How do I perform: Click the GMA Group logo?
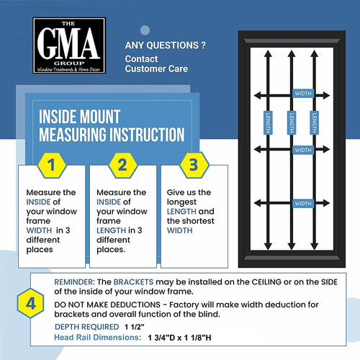click(x=69, y=45)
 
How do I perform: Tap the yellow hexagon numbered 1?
click(x=52, y=166)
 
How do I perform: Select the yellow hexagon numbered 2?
click(x=122, y=166)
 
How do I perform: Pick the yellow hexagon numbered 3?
click(x=194, y=166)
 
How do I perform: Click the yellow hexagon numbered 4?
click(x=31, y=303)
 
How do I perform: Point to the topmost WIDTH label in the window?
click(x=303, y=94)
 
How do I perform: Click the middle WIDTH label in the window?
click(x=303, y=150)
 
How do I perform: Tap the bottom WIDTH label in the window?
click(x=303, y=204)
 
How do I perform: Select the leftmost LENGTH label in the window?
click(x=268, y=122)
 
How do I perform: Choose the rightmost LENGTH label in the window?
click(x=314, y=122)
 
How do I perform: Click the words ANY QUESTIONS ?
click(x=166, y=45)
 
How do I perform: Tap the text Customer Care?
click(x=156, y=69)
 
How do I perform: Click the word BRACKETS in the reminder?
click(x=133, y=282)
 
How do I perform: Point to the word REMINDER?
click(x=75, y=282)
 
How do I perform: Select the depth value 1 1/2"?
click(x=135, y=327)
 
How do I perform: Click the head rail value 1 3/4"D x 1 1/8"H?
click(x=179, y=338)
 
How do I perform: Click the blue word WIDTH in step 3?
click(x=180, y=230)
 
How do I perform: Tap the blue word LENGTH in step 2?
click(x=111, y=230)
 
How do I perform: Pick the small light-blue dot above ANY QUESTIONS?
click(x=145, y=30)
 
